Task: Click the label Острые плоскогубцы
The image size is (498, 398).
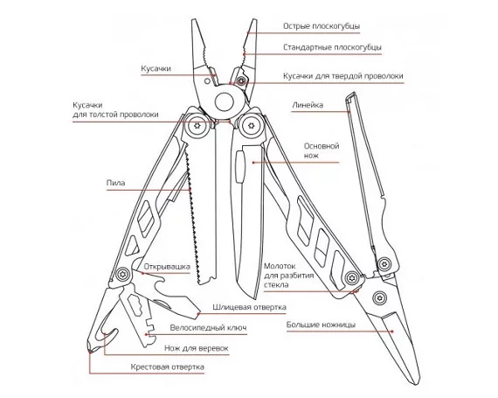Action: tap(322, 26)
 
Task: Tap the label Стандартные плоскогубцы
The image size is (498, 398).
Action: tap(332, 47)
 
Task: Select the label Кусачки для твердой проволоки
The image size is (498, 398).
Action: tap(343, 76)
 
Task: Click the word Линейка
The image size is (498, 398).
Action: tap(308, 105)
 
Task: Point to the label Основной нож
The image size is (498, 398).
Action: tap(322, 150)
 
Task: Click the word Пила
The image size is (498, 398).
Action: tap(115, 183)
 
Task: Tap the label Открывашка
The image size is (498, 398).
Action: tap(167, 267)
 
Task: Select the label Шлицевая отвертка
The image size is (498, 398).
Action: tap(249, 307)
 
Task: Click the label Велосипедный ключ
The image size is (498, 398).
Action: tap(208, 328)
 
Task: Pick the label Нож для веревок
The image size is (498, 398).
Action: tap(197, 348)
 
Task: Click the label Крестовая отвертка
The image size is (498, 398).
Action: tap(168, 367)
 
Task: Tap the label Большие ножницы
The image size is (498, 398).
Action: tap(321, 325)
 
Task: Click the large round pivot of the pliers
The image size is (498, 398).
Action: tap(225, 101)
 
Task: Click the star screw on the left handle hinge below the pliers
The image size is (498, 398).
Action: tap(196, 126)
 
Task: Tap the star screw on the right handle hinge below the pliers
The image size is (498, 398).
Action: tap(252, 126)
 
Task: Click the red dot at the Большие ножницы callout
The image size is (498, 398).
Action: tap(392, 332)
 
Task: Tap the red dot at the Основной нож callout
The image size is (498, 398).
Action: tap(253, 163)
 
